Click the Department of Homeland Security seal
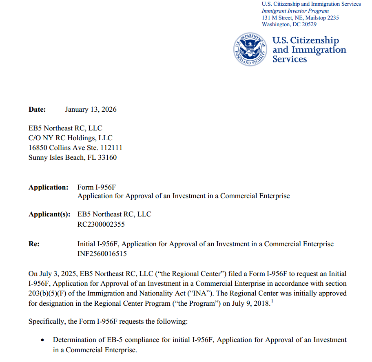(x=250, y=49)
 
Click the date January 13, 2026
(x=91, y=109)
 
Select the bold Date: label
(x=37, y=109)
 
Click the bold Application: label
(x=49, y=187)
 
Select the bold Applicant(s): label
(x=49, y=214)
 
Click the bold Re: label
(x=34, y=244)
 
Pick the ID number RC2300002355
(x=101, y=224)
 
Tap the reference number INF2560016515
(x=102, y=254)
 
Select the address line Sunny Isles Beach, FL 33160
(x=72, y=157)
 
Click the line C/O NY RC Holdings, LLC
(x=70, y=138)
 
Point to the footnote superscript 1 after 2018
(x=271, y=302)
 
